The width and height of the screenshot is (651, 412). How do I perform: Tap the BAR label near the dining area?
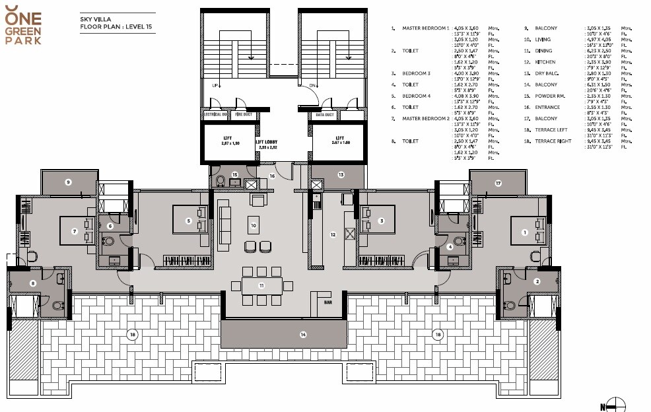(x=328, y=302)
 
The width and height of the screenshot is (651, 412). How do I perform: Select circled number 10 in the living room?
(x=253, y=225)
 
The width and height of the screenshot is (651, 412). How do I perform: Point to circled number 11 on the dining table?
(x=261, y=285)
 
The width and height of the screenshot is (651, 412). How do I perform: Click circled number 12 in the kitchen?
(x=333, y=234)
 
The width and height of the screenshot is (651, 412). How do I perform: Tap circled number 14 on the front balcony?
(x=303, y=335)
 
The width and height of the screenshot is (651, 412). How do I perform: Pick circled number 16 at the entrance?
(x=271, y=176)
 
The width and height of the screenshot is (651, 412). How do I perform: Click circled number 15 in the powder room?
(x=234, y=175)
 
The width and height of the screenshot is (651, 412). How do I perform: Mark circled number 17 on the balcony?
(x=498, y=182)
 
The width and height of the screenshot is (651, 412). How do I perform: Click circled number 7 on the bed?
(x=75, y=231)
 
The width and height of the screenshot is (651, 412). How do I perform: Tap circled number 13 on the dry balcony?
(x=341, y=175)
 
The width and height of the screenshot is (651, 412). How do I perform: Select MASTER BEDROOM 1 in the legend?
(x=425, y=28)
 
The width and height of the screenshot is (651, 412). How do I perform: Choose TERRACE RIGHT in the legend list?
(x=553, y=141)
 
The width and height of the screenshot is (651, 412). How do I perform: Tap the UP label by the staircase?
(x=215, y=85)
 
